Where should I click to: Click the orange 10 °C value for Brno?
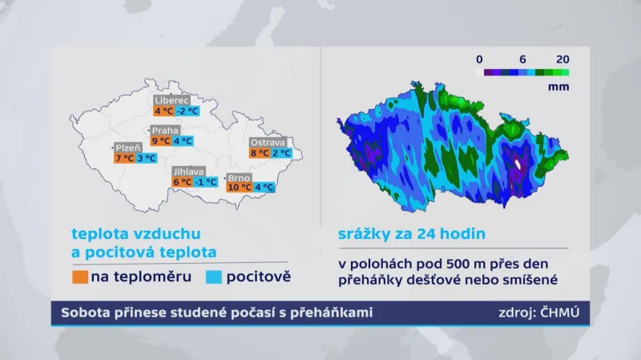238,188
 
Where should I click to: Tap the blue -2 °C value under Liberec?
187,111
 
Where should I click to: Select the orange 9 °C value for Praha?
160,140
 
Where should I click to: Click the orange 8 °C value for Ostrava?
259,152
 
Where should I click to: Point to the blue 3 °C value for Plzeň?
146,158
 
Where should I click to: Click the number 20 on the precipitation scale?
562,59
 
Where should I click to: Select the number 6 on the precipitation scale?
522,59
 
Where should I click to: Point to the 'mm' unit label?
559,85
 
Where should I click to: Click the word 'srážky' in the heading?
359,235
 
